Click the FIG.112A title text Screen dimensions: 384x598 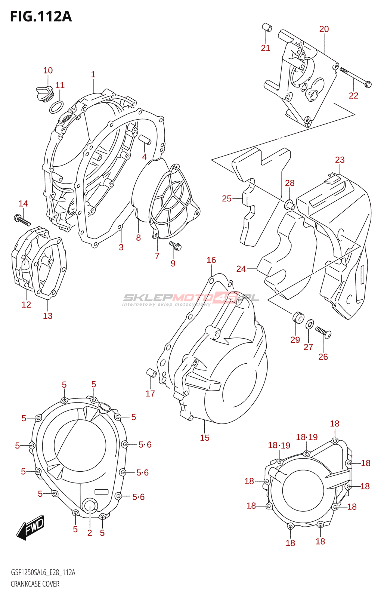coord(41,16)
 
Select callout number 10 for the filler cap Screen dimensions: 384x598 coord(48,71)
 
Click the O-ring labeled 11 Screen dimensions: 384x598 coord(56,107)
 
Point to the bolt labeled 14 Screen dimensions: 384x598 coord(22,219)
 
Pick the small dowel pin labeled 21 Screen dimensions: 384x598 coord(266,28)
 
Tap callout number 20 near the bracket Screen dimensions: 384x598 coord(324,29)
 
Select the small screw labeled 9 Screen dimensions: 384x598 coord(175,246)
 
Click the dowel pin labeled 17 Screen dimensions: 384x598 coord(151,373)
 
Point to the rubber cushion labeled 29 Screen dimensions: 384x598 coord(298,317)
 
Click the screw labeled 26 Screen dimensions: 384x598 coord(323,332)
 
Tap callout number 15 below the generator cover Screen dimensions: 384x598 coord(205,438)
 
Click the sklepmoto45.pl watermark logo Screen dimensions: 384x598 coord(191,299)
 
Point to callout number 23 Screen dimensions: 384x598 coord(340,160)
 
